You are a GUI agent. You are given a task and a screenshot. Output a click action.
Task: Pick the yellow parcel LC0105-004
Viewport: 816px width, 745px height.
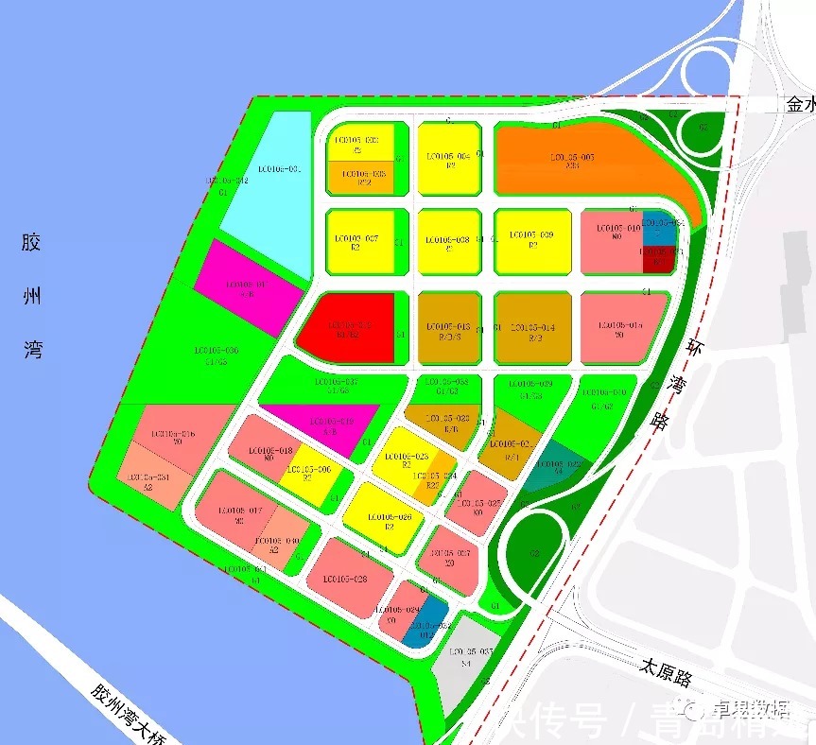coord(447,158)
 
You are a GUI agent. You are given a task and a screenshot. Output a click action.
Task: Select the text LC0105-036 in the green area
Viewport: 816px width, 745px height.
coord(217,354)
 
